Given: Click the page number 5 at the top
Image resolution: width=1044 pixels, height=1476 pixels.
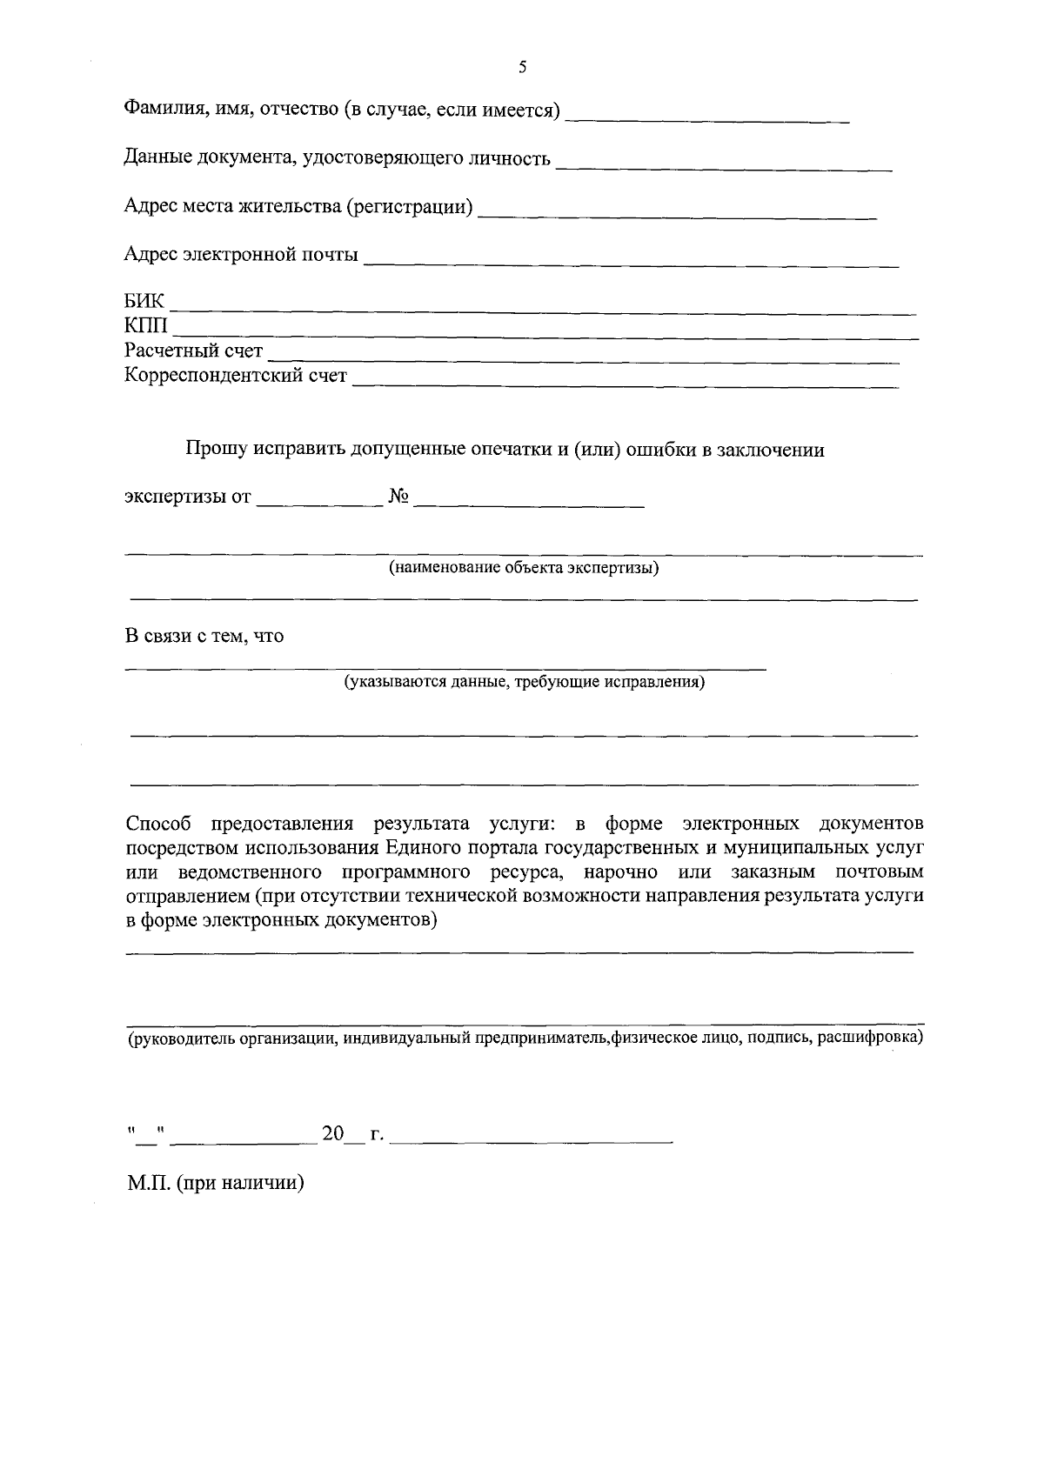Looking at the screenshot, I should pyautogui.click(x=522, y=68).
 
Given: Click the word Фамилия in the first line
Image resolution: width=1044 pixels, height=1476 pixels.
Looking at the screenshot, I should pyautogui.click(x=160, y=110).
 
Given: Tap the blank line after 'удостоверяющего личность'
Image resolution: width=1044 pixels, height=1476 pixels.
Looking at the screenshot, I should pyautogui.click(x=724, y=165).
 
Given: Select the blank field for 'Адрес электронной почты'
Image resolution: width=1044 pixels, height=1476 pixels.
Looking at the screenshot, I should pyautogui.click(x=631, y=259).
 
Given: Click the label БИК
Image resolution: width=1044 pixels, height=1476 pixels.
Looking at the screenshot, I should pyautogui.click(x=144, y=303).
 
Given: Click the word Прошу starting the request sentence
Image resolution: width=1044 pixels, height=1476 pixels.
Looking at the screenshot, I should pyautogui.click(x=213, y=451).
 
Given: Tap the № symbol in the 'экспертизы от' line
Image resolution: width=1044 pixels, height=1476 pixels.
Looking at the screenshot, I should pyautogui.click(x=398, y=498).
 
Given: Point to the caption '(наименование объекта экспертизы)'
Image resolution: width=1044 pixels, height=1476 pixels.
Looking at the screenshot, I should pyautogui.click(x=524, y=569).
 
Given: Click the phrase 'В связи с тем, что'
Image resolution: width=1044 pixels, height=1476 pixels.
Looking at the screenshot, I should pyautogui.click(x=204, y=637).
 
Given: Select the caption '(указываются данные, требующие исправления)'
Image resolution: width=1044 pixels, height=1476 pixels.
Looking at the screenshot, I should pyautogui.click(x=524, y=683).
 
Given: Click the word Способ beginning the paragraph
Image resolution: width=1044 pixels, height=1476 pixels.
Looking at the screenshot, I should pyautogui.click(x=157, y=824).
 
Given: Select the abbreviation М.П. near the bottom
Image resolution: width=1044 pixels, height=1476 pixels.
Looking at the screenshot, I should pyautogui.click(x=148, y=1184).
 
